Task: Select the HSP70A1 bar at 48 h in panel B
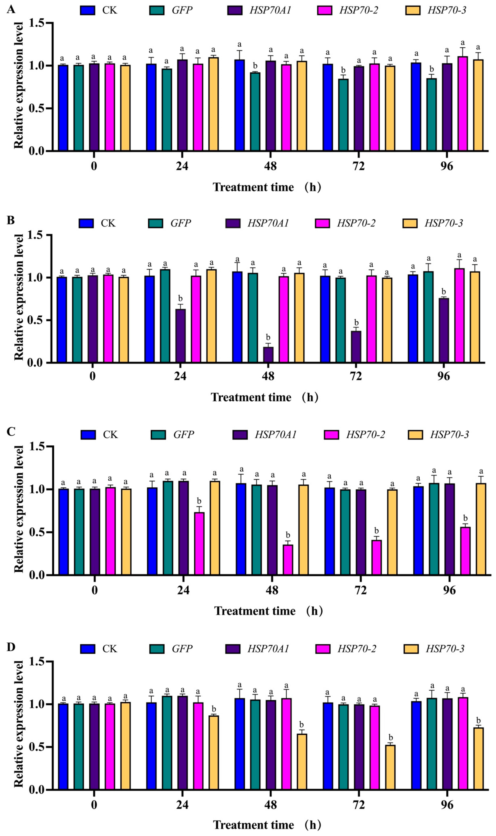tap(268, 354)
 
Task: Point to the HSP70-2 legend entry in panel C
tap(354, 434)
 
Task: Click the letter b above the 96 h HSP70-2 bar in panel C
tap(465, 518)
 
